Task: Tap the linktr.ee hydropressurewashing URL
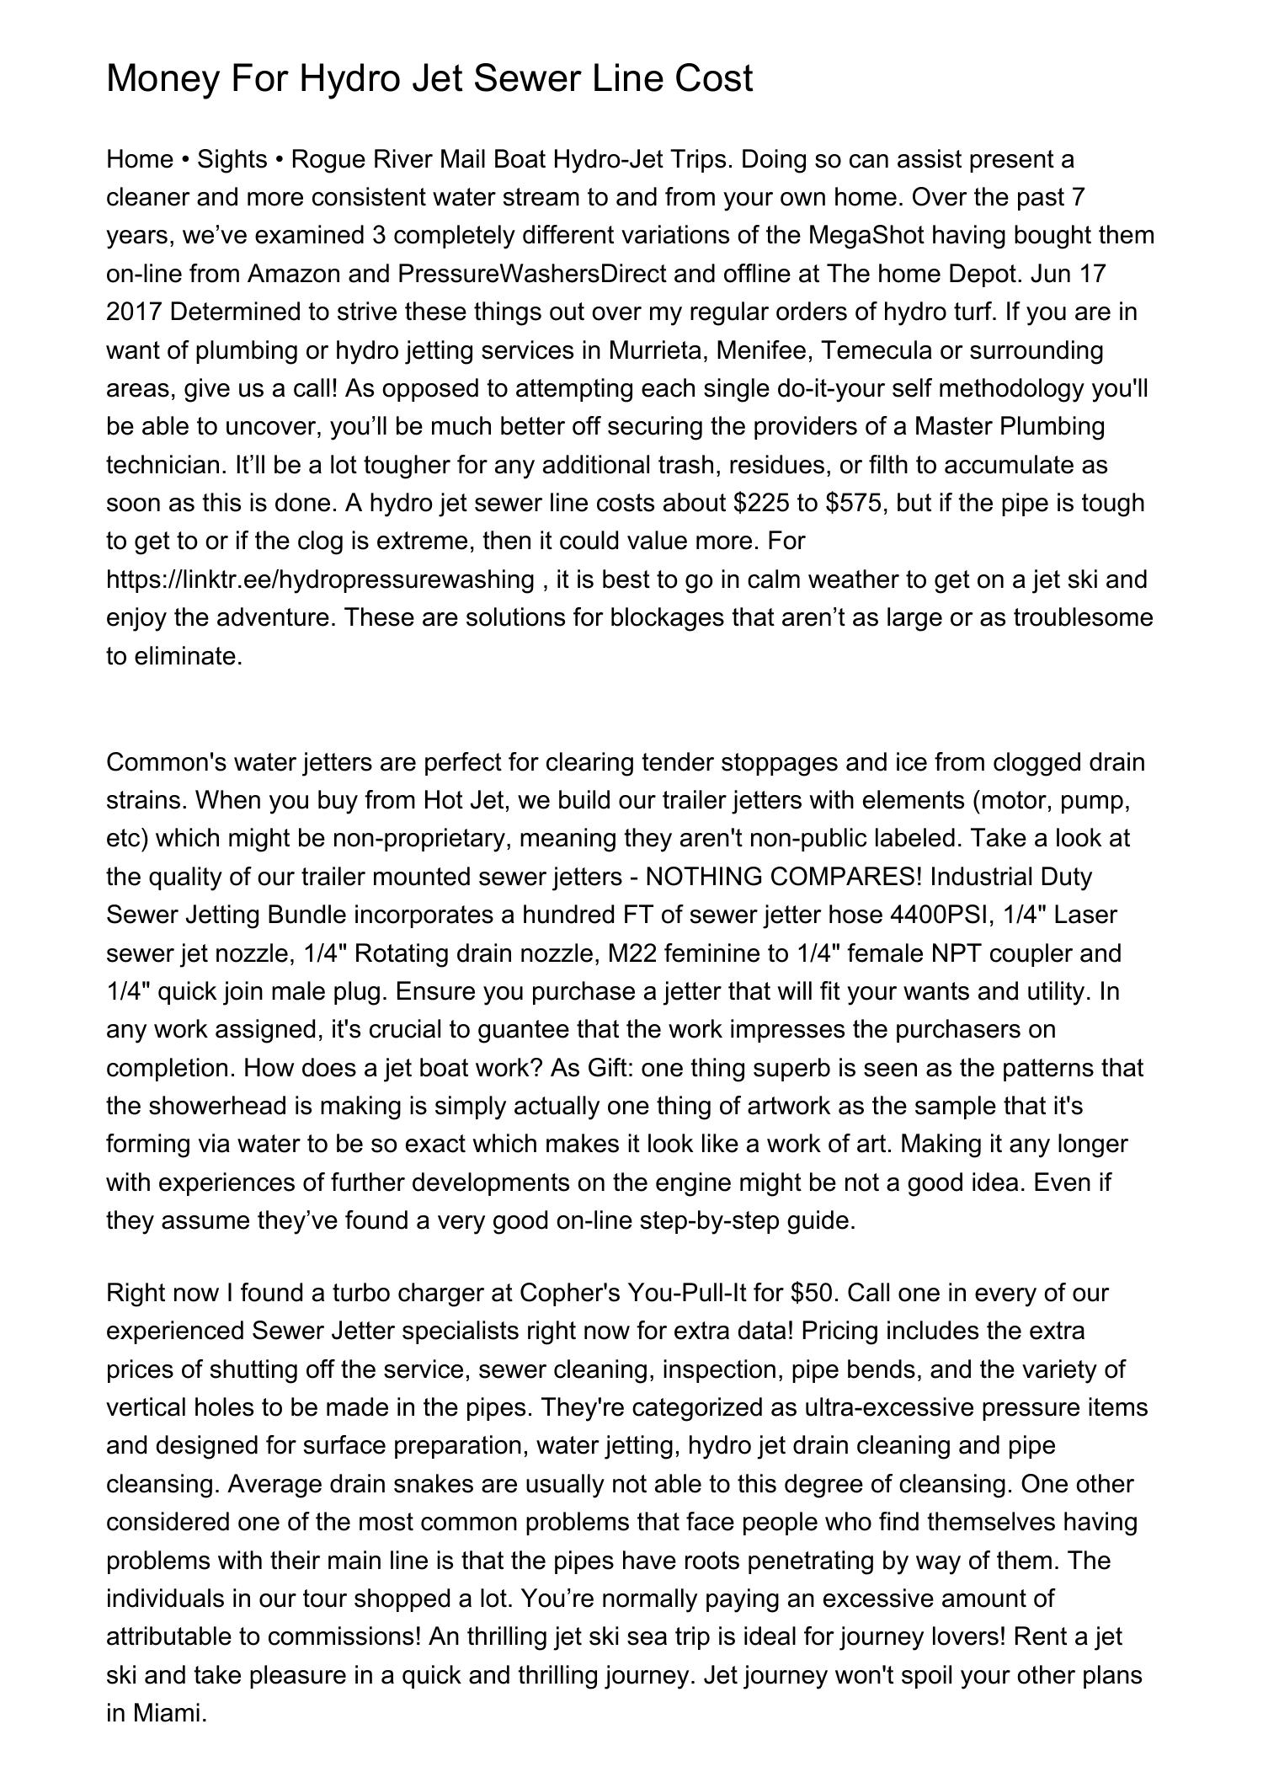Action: pyautogui.click(x=321, y=579)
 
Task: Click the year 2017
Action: pyautogui.click(x=134, y=312)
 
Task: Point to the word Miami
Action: pyautogui.click(x=168, y=1713)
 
